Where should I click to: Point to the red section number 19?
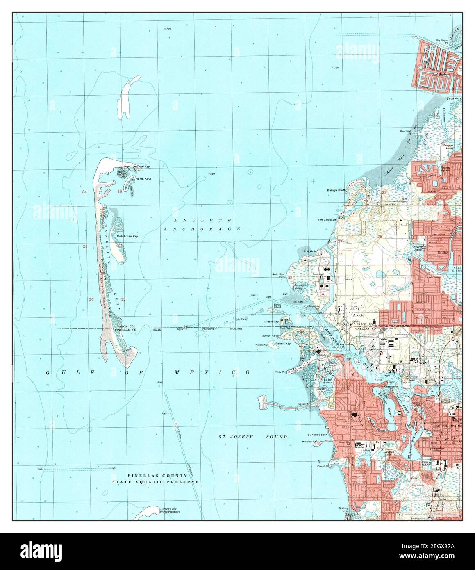[x=120, y=192]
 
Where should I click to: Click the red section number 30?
[x=120, y=245]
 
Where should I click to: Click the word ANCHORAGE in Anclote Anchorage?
[x=202, y=229]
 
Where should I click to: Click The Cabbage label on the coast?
[x=327, y=219]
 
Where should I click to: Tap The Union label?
[x=311, y=251]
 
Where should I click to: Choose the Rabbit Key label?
[x=283, y=344]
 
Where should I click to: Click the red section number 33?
[x=290, y=278]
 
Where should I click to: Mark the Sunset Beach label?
[x=318, y=435]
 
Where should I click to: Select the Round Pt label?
[x=323, y=466]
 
